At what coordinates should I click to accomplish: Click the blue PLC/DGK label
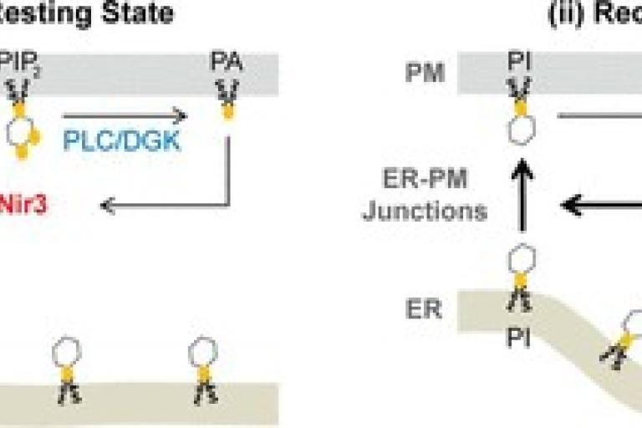122,140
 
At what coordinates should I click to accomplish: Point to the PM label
425,74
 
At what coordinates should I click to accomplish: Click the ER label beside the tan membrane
425,309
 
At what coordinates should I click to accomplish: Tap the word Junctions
425,211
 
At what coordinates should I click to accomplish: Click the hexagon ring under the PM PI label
520,132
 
